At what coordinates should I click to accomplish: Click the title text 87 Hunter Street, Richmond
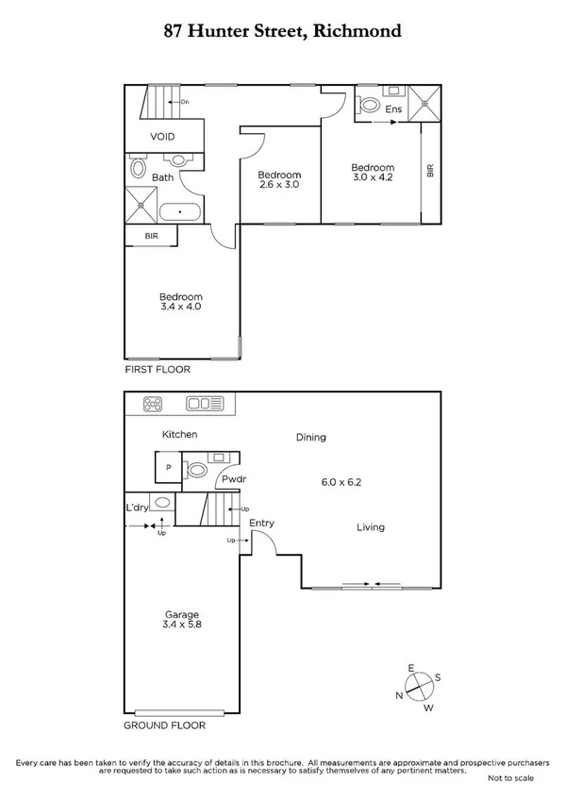click(x=282, y=30)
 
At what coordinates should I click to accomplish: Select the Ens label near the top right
click(x=394, y=109)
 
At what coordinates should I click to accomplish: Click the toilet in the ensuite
click(x=368, y=104)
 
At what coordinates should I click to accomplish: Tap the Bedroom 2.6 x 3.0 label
click(x=279, y=180)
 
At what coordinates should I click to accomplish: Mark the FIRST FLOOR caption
click(x=158, y=370)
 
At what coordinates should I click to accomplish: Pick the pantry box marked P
click(x=169, y=468)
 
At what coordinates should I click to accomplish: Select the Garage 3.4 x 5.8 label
click(x=182, y=621)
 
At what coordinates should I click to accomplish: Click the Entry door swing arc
click(x=264, y=544)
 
